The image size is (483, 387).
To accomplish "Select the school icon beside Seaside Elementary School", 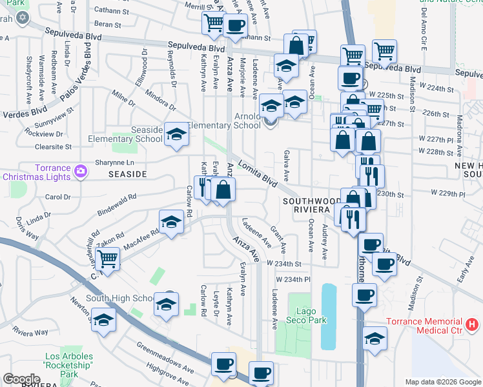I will (x=175, y=134).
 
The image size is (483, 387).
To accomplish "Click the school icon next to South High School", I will (x=166, y=304).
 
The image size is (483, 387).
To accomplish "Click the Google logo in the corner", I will (x=21, y=379).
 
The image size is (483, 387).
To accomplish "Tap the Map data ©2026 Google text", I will (x=442, y=382).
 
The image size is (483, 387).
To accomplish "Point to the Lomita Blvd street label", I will (x=258, y=174).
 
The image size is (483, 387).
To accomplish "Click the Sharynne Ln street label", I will (x=116, y=162).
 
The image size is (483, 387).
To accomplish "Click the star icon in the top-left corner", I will (x=23, y=17).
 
